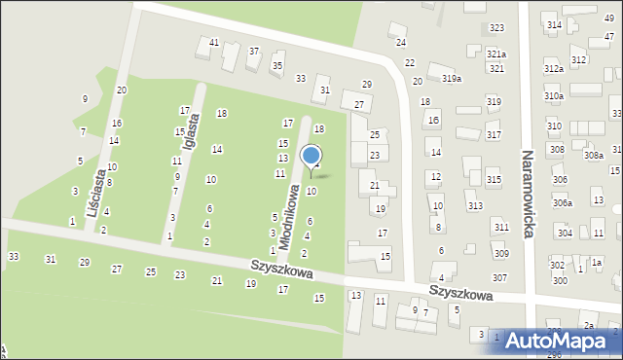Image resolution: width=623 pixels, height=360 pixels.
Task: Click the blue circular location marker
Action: pyautogui.click(x=311, y=156)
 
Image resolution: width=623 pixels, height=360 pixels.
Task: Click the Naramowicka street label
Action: pyautogui.click(x=530, y=195)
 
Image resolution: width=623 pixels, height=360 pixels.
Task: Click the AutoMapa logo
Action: pyautogui.click(x=564, y=341)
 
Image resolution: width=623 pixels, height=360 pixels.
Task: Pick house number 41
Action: pyautogui.click(x=214, y=42)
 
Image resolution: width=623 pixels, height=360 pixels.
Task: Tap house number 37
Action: pyautogui.click(x=254, y=51)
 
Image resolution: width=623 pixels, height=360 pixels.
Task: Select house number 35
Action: pyautogui.click(x=277, y=65)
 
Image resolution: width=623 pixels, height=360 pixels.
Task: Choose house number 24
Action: pyautogui.click(x=400, y=43)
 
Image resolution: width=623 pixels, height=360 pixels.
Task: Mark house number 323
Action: pyautogui.click(x=496, y=28)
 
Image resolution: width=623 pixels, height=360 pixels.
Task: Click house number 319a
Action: pyautogui.click(x=451, y=78)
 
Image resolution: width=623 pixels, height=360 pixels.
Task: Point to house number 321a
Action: pyautogui.click(x=496, y=54)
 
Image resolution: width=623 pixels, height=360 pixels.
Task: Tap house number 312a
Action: pyautogui.click(x=553, y=69)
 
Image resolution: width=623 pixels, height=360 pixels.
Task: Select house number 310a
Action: pyautogui.click(x=553, y=96)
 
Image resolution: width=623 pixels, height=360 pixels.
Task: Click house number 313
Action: pyautogui.click(x=474, y=206)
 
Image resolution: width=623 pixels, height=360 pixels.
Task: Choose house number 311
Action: pyautogui.click(x=500, y=228)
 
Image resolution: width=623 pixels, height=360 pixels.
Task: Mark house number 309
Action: pyautogui.click(x=500, y=254)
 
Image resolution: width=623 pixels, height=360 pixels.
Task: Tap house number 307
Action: pyautogui.click(x=498, y=278)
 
